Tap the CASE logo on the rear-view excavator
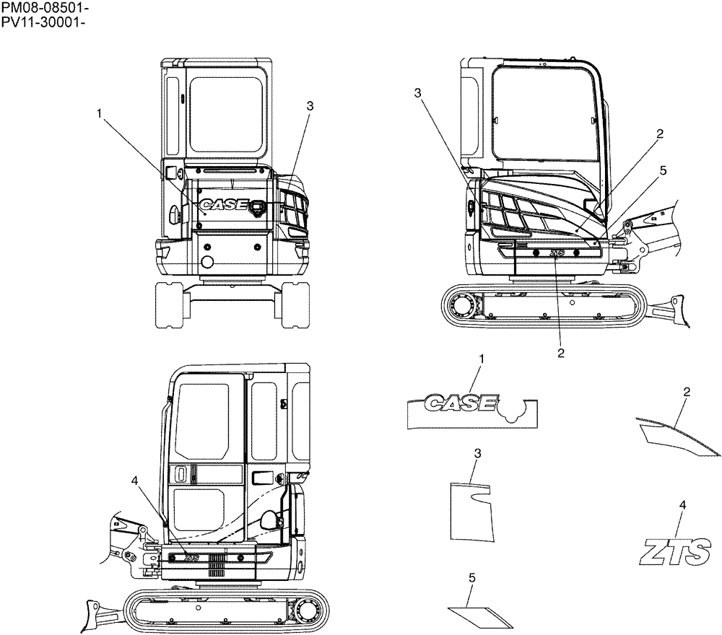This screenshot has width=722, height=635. point(224,205)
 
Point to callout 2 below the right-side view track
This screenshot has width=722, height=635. point(561,352)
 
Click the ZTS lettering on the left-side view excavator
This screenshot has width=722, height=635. point(192,557)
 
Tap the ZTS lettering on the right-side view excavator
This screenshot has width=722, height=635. point(557,253)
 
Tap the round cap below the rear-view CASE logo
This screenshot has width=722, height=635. point(208,262)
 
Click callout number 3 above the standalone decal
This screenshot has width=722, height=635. point(477,452)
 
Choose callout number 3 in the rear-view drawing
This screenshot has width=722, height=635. point(310,105)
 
